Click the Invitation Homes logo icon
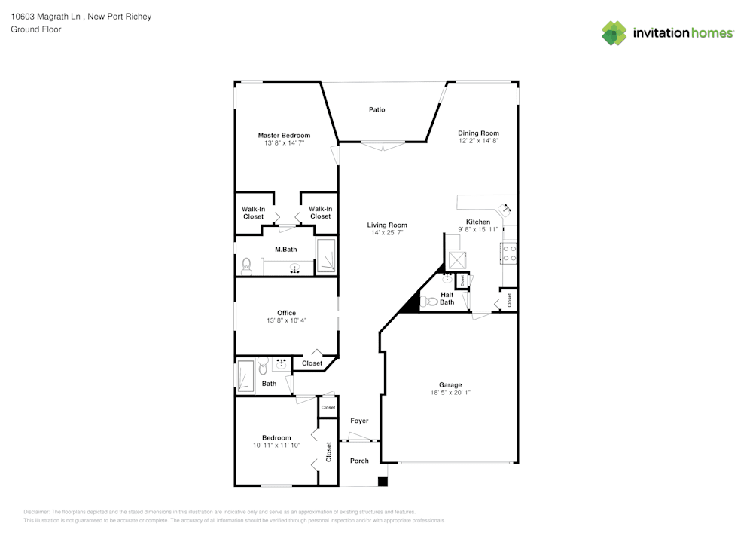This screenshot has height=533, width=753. pos(614,33)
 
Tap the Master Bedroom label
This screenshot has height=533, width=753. pos(284,136)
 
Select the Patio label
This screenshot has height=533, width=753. pos(377,110)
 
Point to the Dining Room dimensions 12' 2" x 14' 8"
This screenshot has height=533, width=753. pos(479,141)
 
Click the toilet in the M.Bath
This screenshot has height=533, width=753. pos(245,265)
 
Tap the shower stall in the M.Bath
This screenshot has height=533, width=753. pos(326,257)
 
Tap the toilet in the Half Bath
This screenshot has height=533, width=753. pos(431,302)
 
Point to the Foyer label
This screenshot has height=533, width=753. pos(360,421)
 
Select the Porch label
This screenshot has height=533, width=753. pos(360,461)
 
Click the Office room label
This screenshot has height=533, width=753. pos(286,313)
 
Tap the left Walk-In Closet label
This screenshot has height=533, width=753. pos(253,213)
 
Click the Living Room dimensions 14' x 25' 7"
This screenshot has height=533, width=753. pos(387,233)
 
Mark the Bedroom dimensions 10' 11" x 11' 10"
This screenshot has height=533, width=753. pos(276,446)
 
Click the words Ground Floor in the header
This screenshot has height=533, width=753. pos(36,29)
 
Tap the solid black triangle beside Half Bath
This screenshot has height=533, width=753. pos(410,303)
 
